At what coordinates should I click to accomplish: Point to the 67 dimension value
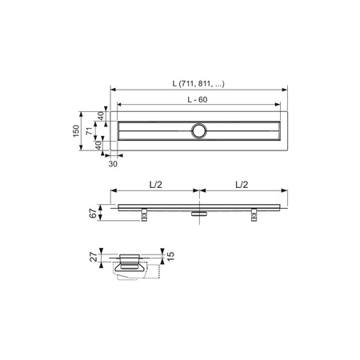click(x=92, y=212)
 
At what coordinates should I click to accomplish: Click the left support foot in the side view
click(x=144, y=214)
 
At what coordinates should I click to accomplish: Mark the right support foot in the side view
click(x=254, y=214)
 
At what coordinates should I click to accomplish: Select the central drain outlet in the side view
click(x=199, y=212)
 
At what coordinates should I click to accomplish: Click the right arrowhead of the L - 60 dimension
click(x=280, y=104)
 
